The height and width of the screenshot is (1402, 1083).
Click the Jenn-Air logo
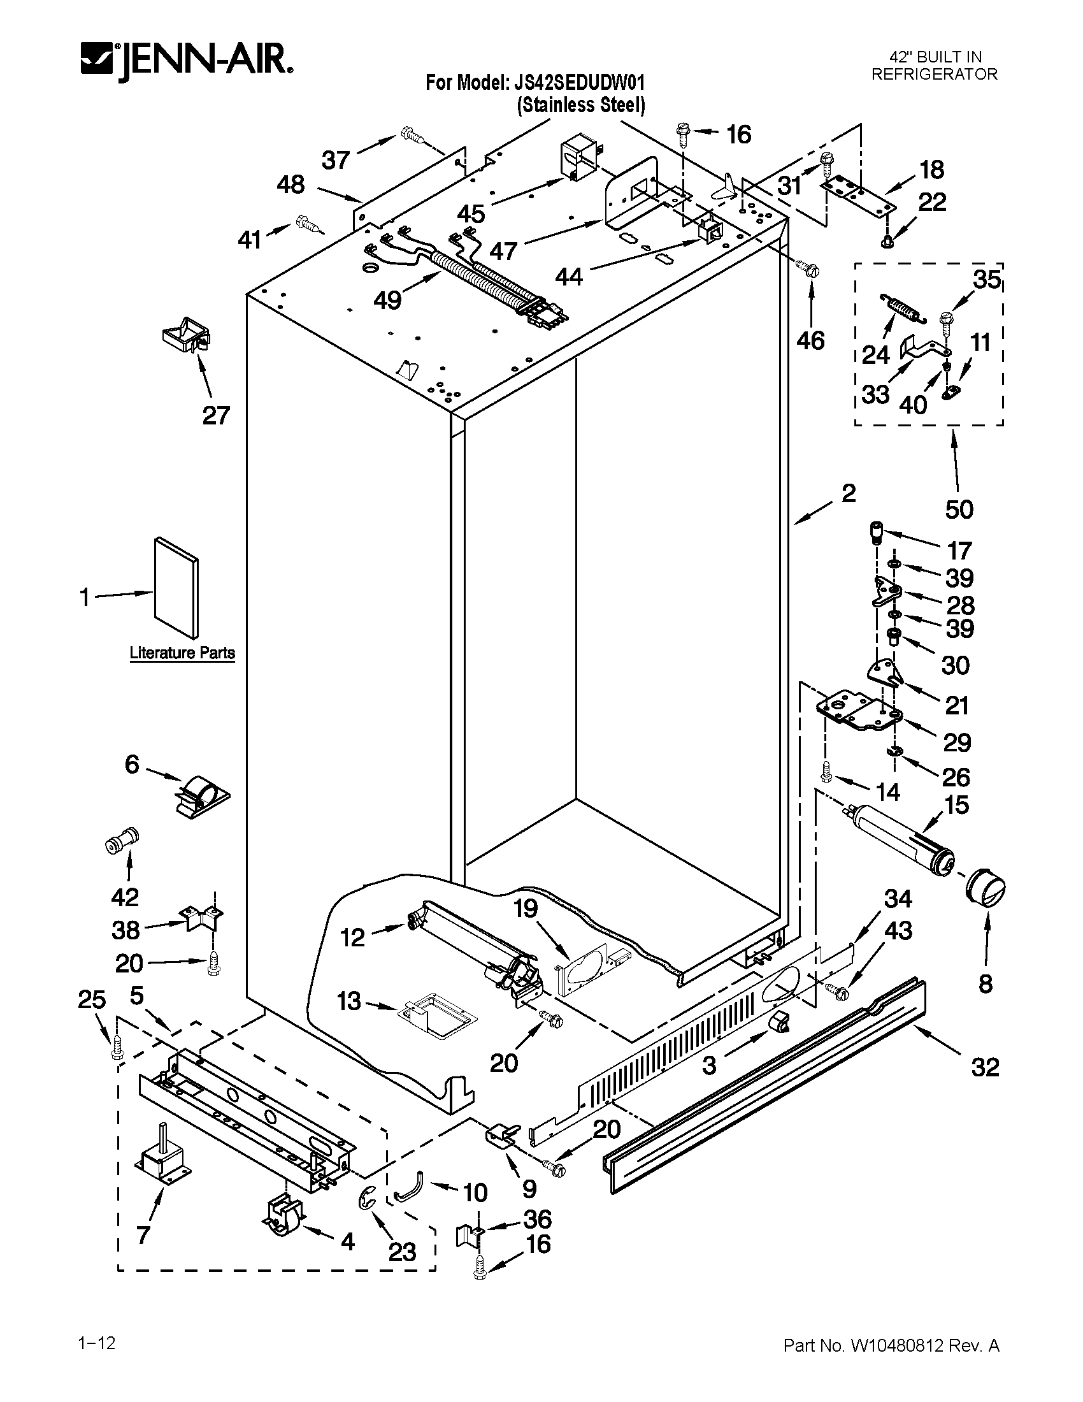186,62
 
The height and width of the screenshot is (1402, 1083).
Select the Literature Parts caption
182,653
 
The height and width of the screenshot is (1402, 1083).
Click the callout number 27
215,416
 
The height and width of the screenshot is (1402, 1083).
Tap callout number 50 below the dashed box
959,509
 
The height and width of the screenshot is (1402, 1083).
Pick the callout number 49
387,299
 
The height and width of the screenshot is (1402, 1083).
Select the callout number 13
349,1001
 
